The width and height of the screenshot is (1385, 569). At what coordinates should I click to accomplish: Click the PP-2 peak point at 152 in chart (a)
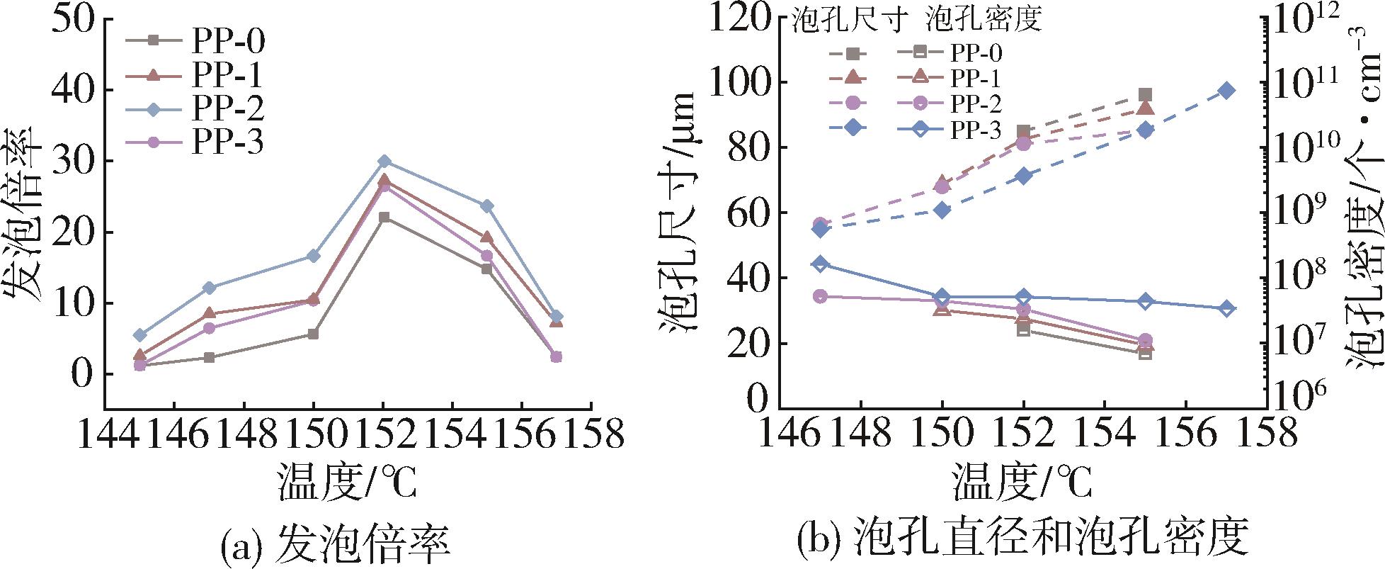click(x=384, y=162)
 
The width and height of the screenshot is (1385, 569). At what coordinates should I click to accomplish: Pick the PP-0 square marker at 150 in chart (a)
click(x=314, y=334)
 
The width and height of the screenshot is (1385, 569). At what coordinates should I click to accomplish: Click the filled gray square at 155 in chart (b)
click(x=1145, y=95)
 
